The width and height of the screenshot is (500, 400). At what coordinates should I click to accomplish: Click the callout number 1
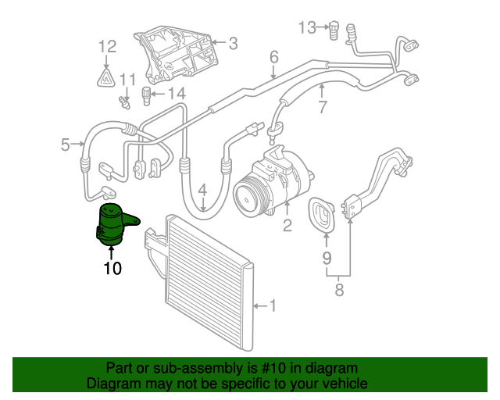pyautogui.click(x=273, y=305)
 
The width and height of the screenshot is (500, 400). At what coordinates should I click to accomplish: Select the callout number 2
pyautogui.click(x=287, y=227)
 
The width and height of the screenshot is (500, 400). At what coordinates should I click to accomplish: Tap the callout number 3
pyautogui.click(x=232, y=44)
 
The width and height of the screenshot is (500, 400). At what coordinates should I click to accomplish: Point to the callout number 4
pyautogui.click(x=202, y=190)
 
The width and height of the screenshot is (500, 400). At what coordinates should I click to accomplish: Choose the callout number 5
pyautogui.click(x=66, y=143)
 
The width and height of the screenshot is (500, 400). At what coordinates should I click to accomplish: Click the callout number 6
pyautogui.click(x=274, y=57)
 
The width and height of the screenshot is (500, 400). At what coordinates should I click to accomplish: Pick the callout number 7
pyautogui.click(x=322, y=107)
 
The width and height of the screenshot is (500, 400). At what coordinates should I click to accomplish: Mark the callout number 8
pyautogui.click(x=338, y=291)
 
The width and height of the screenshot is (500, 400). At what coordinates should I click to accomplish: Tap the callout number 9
pyautogui.click(x=327, y=259)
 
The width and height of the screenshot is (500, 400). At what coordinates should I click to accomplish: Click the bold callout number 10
pyautogui.click(x=112, y=269)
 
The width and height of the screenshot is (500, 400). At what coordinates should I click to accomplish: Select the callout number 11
pyautogui.click(x=127, y=79)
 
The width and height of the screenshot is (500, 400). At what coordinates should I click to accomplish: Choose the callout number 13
pyautogui.click(x=307, y=28)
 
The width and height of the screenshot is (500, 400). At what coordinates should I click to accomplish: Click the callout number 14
pyautogui.click(x=177, y=95)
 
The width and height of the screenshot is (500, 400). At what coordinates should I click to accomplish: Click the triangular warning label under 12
pyautogui.click(x=106, y=77)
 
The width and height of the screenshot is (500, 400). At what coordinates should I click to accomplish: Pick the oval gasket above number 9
pyautogui.click(x=323, y=216)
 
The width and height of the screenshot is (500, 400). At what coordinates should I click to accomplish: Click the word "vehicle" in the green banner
pyautogui.click(x=341, y=384)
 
